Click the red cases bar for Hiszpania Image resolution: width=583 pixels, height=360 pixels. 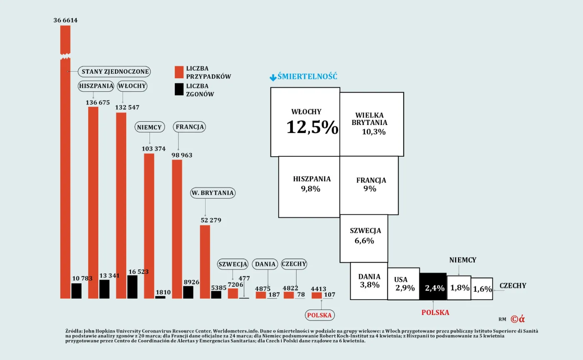93,202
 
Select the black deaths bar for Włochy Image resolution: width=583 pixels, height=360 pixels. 132,287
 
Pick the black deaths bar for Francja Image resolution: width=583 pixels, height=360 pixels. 188,292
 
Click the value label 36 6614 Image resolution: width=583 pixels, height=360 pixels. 65,20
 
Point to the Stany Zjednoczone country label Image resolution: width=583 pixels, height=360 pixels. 115,72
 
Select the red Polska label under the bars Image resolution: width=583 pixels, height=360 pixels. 319,315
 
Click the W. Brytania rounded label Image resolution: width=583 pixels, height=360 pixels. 212,193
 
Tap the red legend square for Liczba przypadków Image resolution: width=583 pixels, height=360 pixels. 179,72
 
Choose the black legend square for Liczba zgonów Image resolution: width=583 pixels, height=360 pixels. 179,90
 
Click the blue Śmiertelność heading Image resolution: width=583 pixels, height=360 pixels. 307,77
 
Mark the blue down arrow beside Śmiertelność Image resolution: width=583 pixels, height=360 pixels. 273,77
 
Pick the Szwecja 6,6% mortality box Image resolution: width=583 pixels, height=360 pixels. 364,238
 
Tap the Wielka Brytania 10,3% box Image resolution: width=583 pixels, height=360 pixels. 371,124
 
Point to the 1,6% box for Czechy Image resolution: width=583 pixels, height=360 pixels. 482,289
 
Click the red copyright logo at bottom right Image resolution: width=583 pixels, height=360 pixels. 518,319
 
